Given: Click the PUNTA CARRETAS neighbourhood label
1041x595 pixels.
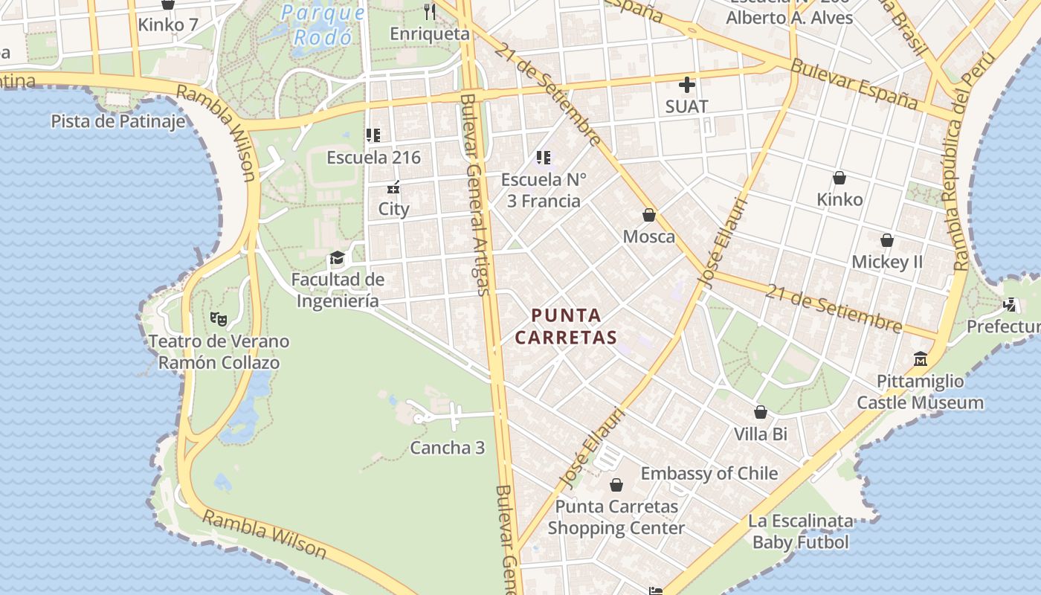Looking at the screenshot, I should click(x=566, y=327).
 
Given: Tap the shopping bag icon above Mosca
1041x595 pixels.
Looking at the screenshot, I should click(x=649, y=215).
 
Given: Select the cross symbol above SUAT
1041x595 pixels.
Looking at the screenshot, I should click(x=686, y=85).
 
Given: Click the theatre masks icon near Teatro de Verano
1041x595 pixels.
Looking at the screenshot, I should click(x=218, y=319).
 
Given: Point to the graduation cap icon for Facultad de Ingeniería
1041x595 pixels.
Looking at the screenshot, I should click(x=337, y=258).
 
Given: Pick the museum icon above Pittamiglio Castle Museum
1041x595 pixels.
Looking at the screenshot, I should click(x=921, y=359).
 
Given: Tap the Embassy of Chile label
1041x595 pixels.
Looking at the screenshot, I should click(x=709, y=474).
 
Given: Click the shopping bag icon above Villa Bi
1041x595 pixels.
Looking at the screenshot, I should click(x=761, y=412).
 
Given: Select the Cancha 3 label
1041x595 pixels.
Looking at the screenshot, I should click(x=448, y=448).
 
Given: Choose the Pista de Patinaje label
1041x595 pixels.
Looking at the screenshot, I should click(x=118, y=121).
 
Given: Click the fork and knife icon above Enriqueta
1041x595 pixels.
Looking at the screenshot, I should click(x=429, y=11).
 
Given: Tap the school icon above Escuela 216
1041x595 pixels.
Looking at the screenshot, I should click(x=373, y=135).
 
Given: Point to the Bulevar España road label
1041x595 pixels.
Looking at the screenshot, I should click(x=854, y=84).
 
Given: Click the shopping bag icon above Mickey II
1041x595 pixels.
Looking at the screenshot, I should click(x=887, y=240).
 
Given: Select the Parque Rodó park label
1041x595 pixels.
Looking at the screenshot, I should click(x=323, y=25).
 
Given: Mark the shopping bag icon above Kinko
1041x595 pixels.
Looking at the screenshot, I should click(x=839, y=178).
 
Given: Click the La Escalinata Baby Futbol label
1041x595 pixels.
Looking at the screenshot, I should click(x=800, y=531).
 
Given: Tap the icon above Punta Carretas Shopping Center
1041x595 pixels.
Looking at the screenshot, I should click(x=616, y=486).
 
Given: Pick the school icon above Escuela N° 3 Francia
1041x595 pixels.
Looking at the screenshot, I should click(x=544, y=158).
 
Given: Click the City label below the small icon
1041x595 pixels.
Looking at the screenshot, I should click(x=394, y=209).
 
